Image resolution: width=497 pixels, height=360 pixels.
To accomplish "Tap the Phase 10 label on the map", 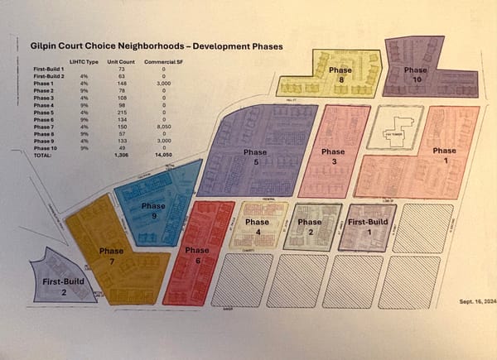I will click(415, 74).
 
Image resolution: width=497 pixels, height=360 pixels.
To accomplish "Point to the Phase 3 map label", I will click(333, 156).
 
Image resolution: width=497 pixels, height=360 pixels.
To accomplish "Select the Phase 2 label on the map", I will click(309, 226).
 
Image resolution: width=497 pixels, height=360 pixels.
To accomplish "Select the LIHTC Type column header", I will click(79, 63).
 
